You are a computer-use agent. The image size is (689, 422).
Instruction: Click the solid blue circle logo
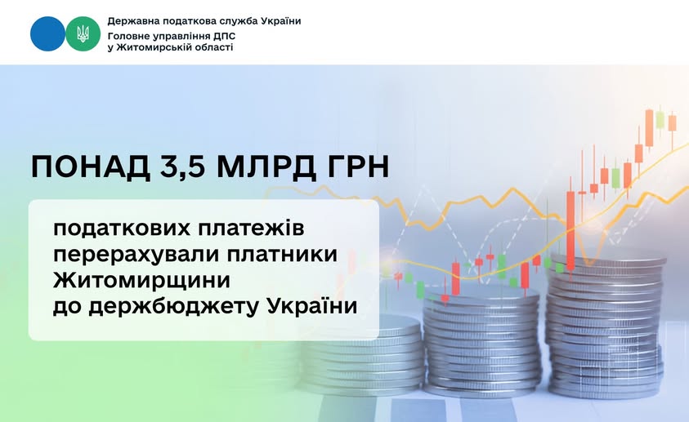point(47,33)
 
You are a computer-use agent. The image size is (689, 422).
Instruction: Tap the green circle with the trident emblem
point(83,33)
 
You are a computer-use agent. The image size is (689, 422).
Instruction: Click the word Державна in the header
point(134,20)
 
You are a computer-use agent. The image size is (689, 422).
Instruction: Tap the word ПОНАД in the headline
point(82,167)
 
